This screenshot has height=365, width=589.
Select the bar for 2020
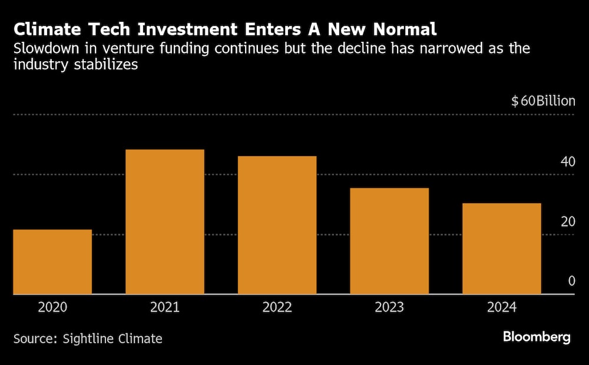tap(52, 262)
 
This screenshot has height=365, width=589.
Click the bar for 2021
tap(165, 222)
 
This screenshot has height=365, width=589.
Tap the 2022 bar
tap(277, 225)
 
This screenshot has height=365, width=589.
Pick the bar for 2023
tap(389, 241)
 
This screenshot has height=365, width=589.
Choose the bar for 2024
tap(501, 248)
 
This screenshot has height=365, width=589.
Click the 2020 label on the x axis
tap(52, 307)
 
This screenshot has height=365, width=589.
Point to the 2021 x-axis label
tap(165, 307)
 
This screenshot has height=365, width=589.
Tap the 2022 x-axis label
tap(277, 307)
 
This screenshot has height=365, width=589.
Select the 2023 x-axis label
tap(389, 307)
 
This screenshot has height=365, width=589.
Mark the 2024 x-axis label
tap(501, 307)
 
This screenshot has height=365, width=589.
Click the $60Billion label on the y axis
tap(542, 101)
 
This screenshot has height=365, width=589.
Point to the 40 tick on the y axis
tap(567, 161)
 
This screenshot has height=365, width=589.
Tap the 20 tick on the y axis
tap(567, 221)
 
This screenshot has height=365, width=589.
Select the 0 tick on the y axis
tap(571, 281)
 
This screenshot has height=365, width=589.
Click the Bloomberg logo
tap(536, 337)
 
